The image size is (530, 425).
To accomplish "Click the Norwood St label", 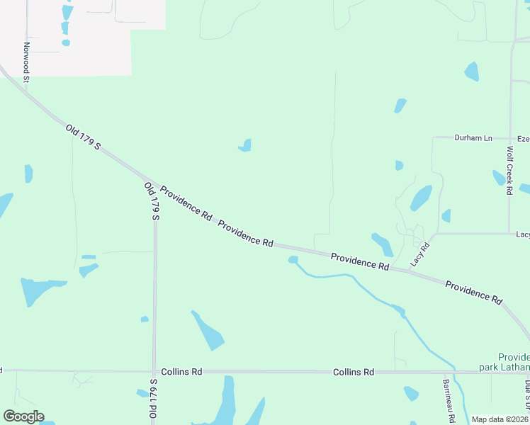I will [26, 62].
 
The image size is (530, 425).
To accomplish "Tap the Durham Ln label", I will [473, 138].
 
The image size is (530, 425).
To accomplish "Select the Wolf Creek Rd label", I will [509, 170].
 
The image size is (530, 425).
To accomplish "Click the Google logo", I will [23, 416].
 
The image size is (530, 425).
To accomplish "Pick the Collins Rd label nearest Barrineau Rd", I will [354, 372].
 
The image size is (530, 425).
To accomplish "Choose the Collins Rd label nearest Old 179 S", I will [181, 371].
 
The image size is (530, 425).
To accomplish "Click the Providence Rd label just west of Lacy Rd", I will [360, 261].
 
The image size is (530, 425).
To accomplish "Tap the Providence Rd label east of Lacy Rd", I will [473, 292].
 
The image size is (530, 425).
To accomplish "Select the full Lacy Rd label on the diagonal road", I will [420, 254].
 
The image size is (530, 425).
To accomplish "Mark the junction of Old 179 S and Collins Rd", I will [154, 371].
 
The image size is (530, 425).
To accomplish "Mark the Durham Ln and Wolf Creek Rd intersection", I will [510, 138].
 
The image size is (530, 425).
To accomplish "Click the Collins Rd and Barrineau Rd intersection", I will [445, 372].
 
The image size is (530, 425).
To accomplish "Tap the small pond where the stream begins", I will [293, 260].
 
